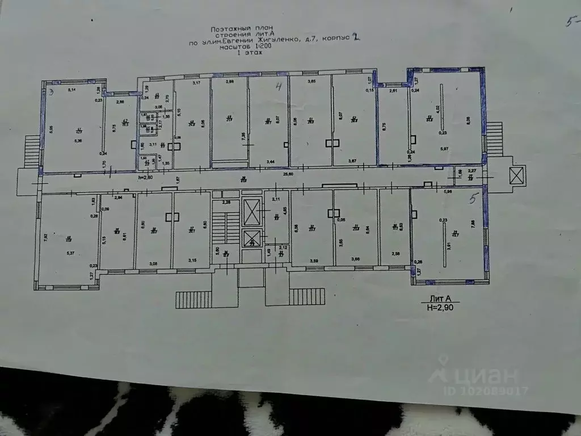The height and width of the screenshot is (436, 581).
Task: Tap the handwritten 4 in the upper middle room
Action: pyautogui.click(x=279, y=87)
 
